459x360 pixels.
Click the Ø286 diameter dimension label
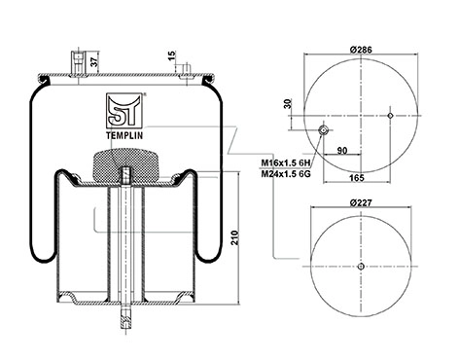361,50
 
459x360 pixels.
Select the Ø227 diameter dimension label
361,202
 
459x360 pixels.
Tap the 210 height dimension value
234,237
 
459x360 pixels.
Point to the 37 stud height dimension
94,62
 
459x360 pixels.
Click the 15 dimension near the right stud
172,55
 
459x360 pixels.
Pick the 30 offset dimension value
288,103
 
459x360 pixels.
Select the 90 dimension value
342,151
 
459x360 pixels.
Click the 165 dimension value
357,178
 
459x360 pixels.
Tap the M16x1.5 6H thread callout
286,162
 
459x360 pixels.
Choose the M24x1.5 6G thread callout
286,174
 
